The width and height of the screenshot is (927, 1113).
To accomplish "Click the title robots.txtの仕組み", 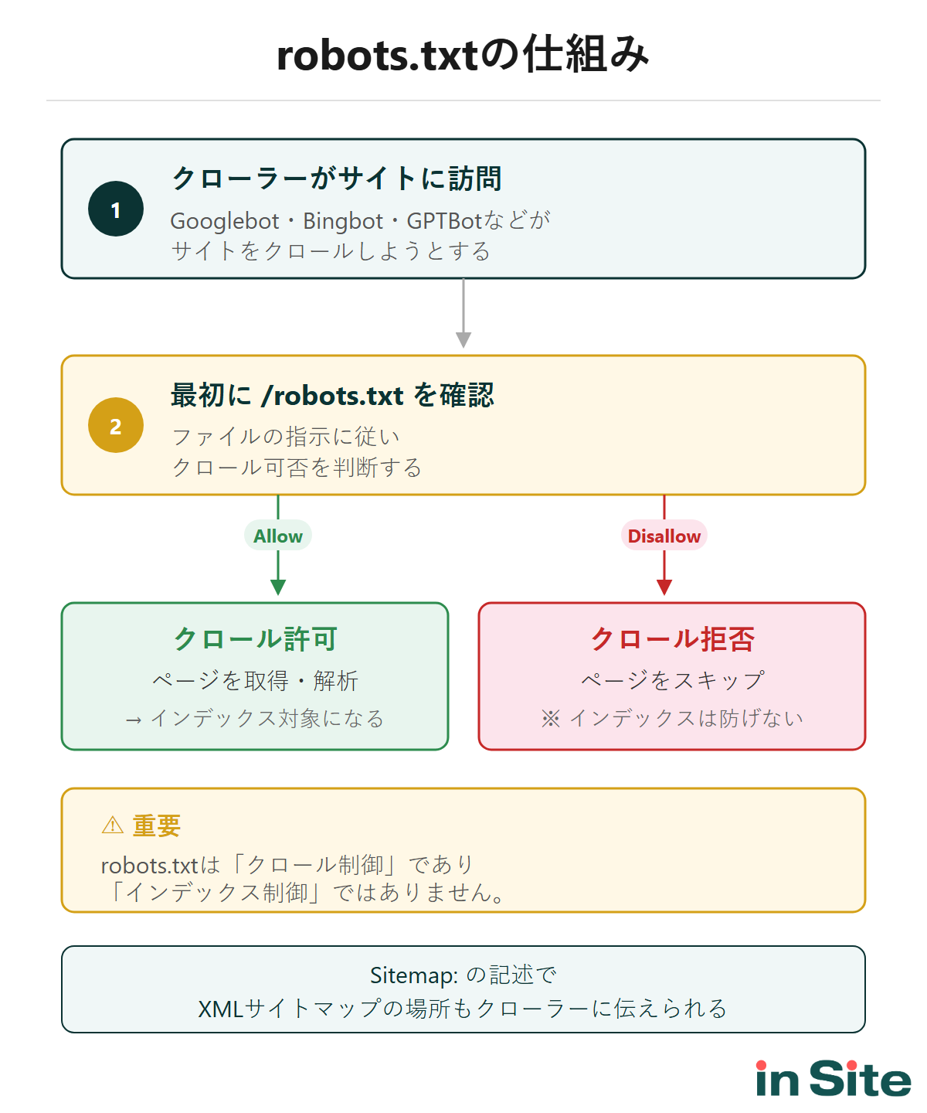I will pos(463,56).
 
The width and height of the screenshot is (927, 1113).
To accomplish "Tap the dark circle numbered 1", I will pos(116,209).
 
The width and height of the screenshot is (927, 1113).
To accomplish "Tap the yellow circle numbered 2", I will pos(116,426).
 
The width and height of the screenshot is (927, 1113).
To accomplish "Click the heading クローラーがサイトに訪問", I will pos(336,179).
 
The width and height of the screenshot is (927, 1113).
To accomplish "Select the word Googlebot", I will pos(224,221).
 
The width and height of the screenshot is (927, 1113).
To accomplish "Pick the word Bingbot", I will pos(343,221).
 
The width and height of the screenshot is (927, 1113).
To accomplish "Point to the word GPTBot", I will pos(444,221).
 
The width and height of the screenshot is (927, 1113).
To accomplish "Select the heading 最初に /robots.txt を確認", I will pos(332,395).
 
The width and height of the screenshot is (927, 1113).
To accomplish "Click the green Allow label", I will pos(278,536).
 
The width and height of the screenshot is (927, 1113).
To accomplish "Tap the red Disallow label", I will pos(664,536).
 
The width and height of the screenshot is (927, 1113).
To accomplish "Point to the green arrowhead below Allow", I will pos(278,587).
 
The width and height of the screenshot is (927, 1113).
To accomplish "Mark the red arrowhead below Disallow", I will pos(664,587).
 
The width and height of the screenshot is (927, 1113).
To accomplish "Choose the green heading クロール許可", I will pos(255,639).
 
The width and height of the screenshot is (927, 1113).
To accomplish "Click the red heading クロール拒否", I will pos(672,639).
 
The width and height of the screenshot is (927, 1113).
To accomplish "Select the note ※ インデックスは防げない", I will pos(672,719).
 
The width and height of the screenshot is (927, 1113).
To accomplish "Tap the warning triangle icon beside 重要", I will pos(113,825).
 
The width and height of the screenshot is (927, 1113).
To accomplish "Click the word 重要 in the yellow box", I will pos(156,825).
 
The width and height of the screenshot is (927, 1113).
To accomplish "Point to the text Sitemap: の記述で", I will pos(463,975).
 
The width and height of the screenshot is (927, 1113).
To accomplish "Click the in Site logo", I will pos(833,1079).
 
